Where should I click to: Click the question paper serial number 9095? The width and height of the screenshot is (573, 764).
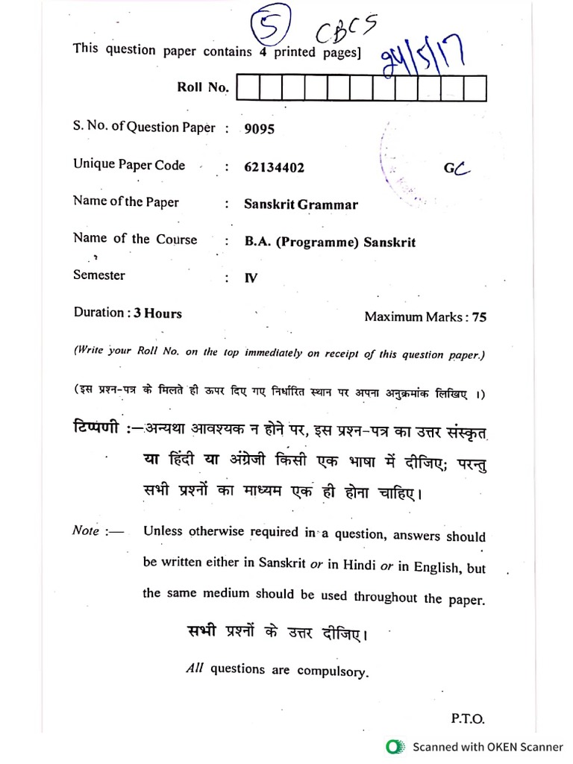pyautogui.click(x=259, y=129)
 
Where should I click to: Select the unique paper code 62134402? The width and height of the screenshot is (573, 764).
pyautogui.click(x=274, y=168)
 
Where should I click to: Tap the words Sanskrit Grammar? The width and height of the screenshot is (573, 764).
pyautogui.click(x=301, y=204)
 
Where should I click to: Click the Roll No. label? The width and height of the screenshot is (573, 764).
pyautogui.click(x=202, y=87)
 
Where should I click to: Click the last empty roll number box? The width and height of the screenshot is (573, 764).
pyautogui.click(x=475, y=88)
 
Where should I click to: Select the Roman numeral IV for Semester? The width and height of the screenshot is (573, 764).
pyautogui.click(x=251, y=278)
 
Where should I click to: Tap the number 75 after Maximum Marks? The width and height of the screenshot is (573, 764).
pyautogui.click(x=479, y=317)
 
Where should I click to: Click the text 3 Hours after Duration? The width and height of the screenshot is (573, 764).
pyautogui.click(x=157, y=313)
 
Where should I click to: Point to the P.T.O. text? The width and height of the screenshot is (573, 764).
pyautogui.click(x=468, y=719)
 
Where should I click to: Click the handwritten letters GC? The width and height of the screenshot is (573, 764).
pyautogui.click(x=457, y=169)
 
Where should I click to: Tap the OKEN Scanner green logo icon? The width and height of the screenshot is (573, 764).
pyautogui.click(x=394, y=747)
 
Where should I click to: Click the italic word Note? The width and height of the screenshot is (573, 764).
pyautogui.click(x=86, y=530)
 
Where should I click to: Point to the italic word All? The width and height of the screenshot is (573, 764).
pyautogui.click(x=194, y=668)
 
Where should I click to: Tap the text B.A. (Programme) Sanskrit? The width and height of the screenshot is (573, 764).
pyautogui.click(x=329, y=242)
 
